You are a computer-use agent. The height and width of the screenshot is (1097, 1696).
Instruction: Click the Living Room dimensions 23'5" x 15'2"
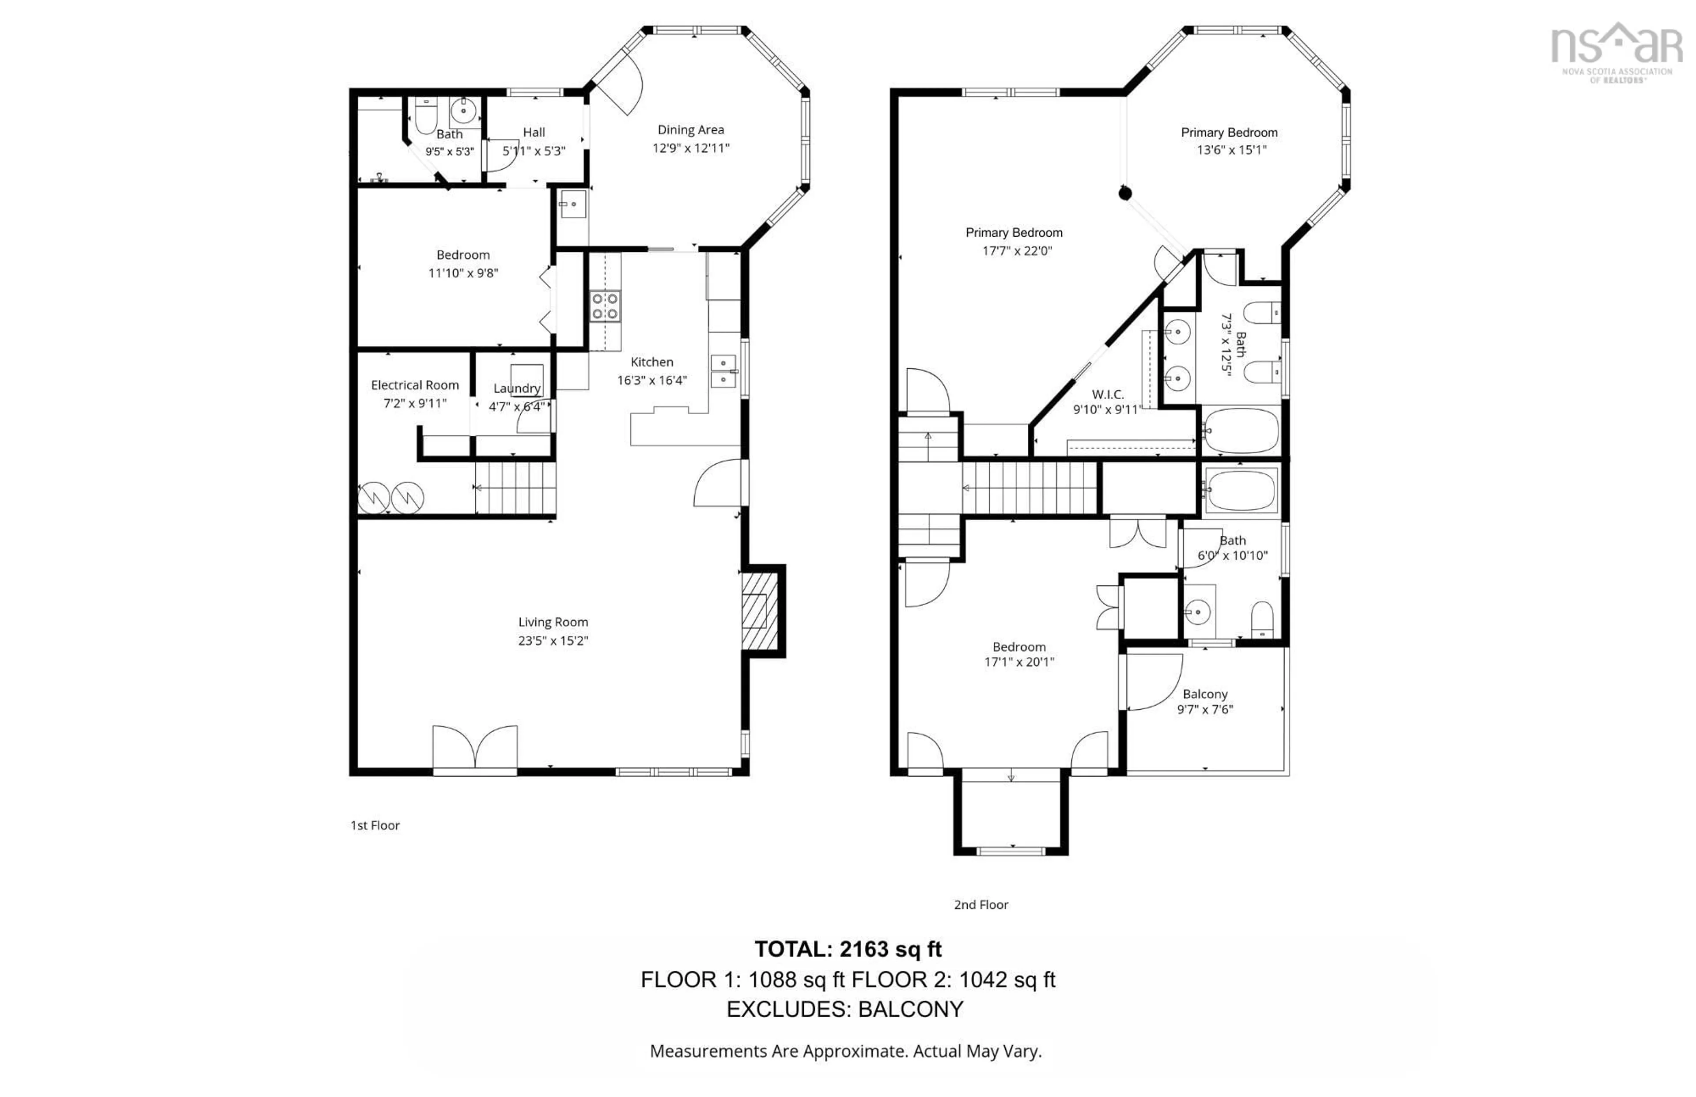(x=553, y=640)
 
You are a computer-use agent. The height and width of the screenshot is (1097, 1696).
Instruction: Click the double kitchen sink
(x=723, y=371)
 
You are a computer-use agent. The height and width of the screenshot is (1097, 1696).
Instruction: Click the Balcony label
(x=1204, y=694)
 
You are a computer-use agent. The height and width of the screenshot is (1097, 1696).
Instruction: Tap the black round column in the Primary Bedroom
(x=1125, y=193)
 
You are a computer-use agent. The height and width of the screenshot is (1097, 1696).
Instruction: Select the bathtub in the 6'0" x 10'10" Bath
(x=1241, y=489)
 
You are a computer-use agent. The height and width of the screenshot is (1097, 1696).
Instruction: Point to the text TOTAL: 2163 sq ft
(x=848, y=949)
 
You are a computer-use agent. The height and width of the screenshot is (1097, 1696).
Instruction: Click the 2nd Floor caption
(x=981, y=904)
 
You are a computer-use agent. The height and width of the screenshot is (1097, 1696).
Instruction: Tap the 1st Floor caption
(x=375, y=825)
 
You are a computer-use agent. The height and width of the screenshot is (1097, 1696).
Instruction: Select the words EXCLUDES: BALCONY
(x=845, y=1010)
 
